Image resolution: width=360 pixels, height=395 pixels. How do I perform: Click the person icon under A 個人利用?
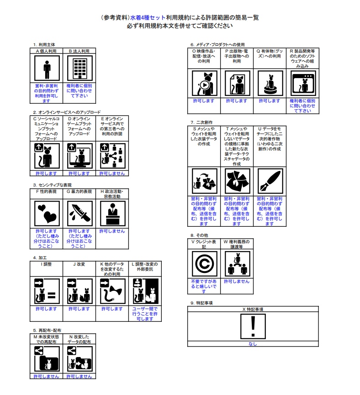coord(46,69)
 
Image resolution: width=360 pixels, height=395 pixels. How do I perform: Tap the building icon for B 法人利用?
coord(79,69)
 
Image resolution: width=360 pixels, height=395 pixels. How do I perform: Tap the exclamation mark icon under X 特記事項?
coord(252,326)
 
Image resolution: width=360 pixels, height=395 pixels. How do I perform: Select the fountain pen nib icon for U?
coord(270,181)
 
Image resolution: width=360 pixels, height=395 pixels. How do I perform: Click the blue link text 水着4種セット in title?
coord(149,17)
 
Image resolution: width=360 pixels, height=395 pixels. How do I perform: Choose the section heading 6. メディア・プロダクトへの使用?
coord(221,44)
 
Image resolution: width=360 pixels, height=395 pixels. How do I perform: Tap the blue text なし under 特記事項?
coord(252,344)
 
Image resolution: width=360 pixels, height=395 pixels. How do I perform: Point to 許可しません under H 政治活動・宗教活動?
coord(112,231)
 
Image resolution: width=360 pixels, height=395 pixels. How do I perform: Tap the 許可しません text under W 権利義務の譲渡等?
coord(237,282)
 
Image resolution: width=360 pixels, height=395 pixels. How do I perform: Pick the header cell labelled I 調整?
coord(46,264)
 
